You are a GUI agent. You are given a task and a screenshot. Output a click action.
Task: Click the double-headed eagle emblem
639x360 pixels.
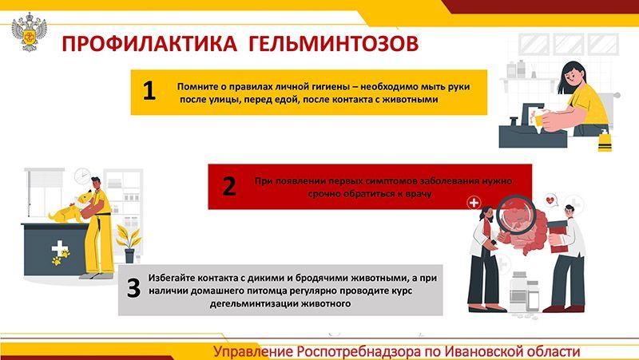[x=29, y=32]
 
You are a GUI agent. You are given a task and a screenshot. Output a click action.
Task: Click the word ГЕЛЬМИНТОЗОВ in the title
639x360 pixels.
[x=333, y=44]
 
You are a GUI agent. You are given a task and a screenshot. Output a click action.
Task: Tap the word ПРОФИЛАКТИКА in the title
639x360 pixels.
[x=149, y=44]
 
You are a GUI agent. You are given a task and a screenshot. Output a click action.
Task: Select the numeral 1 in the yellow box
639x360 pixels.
[x=149, y=90]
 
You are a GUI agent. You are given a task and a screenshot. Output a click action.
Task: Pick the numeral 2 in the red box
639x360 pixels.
[x=229, y=186]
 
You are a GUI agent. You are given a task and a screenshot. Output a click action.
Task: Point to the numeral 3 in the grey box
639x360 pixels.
[x=133, y=287]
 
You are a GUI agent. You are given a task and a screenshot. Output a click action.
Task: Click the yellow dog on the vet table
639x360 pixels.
[x=70, y=208]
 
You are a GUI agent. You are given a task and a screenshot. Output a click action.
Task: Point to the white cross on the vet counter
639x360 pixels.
[x=59, y=248]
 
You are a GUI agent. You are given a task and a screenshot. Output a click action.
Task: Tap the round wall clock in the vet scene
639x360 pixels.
[x=83, y=176]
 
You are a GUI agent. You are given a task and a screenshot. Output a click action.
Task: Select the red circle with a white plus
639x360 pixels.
[x=474, y=203]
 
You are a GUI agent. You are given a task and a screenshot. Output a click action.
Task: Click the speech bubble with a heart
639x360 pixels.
[x=551, y=200]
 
